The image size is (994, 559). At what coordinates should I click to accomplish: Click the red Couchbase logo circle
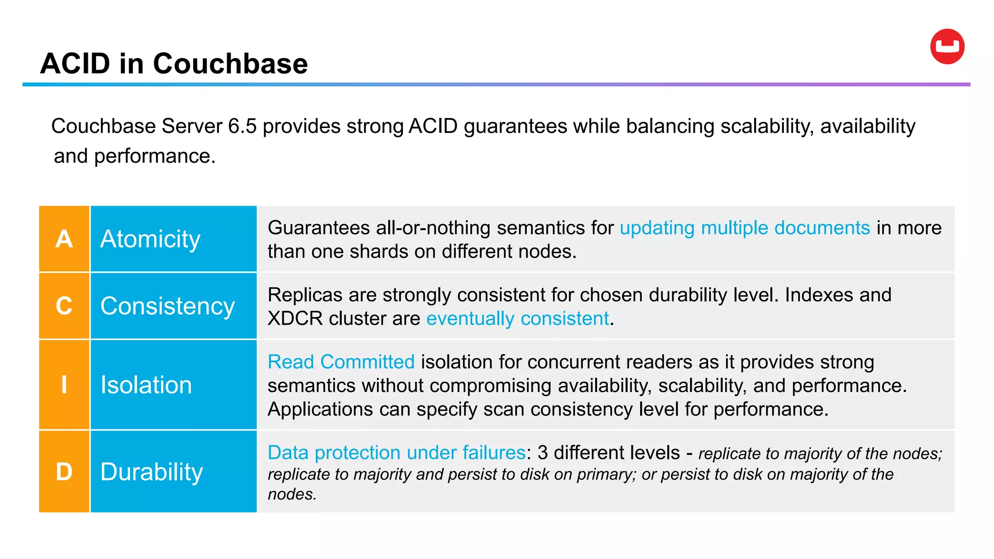(x=947, y=47)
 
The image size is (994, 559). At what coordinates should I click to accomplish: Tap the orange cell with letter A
(x=64, y=239)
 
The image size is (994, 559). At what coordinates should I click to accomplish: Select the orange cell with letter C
(x=64, y=306)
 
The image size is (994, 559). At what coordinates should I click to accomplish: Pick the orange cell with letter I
(x=64, y=384)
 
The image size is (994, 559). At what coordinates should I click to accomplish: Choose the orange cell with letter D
(x=64, y=471)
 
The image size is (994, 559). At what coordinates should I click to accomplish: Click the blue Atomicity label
(x=150, y=239)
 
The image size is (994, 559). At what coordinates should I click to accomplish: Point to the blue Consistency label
(x=167, y=306)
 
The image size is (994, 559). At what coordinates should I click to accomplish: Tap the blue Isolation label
(x=146, y=385)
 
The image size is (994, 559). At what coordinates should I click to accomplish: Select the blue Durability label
(x=151, y=472)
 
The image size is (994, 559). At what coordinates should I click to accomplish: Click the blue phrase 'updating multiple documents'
(x=745, y=228)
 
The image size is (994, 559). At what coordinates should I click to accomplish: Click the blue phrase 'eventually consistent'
(x=517, y=318)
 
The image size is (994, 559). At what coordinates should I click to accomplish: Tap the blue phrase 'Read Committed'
(x=341, y=362)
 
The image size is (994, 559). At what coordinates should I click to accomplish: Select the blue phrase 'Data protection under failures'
(x=397, y=452)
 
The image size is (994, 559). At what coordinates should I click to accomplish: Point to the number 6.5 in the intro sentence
(x=242, y=126)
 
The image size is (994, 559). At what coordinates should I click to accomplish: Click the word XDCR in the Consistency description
(x=295, y=318)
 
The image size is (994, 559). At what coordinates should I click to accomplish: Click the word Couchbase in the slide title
(x=230, y=64)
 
